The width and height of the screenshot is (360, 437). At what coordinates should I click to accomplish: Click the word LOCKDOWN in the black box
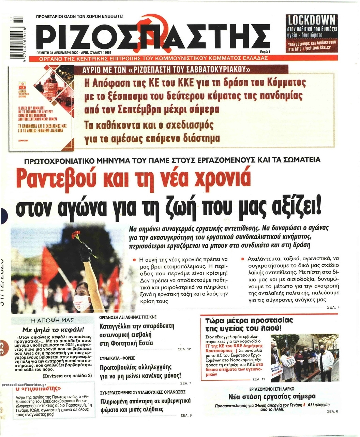pos(311,20)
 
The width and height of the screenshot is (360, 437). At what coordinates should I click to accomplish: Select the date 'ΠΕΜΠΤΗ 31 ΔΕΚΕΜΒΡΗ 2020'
pos(63,53)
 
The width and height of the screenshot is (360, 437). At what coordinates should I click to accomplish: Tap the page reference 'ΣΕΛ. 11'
pos(258,379)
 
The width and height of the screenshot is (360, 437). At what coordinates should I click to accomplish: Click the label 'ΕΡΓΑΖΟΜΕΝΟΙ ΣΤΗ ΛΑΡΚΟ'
pos(272,389)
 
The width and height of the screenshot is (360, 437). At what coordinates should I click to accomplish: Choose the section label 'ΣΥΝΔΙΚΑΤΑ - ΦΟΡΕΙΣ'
pos(117,358)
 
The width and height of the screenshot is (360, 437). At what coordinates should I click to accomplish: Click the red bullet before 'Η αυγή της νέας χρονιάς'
pos(135,260)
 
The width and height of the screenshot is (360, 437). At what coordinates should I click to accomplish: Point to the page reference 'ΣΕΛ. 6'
pos(332,411)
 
